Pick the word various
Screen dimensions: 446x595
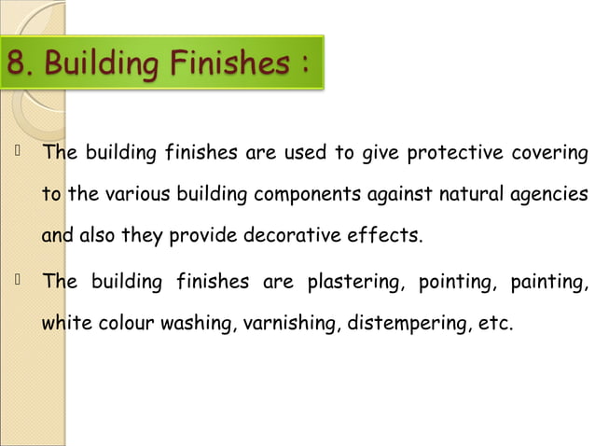(137, 195)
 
